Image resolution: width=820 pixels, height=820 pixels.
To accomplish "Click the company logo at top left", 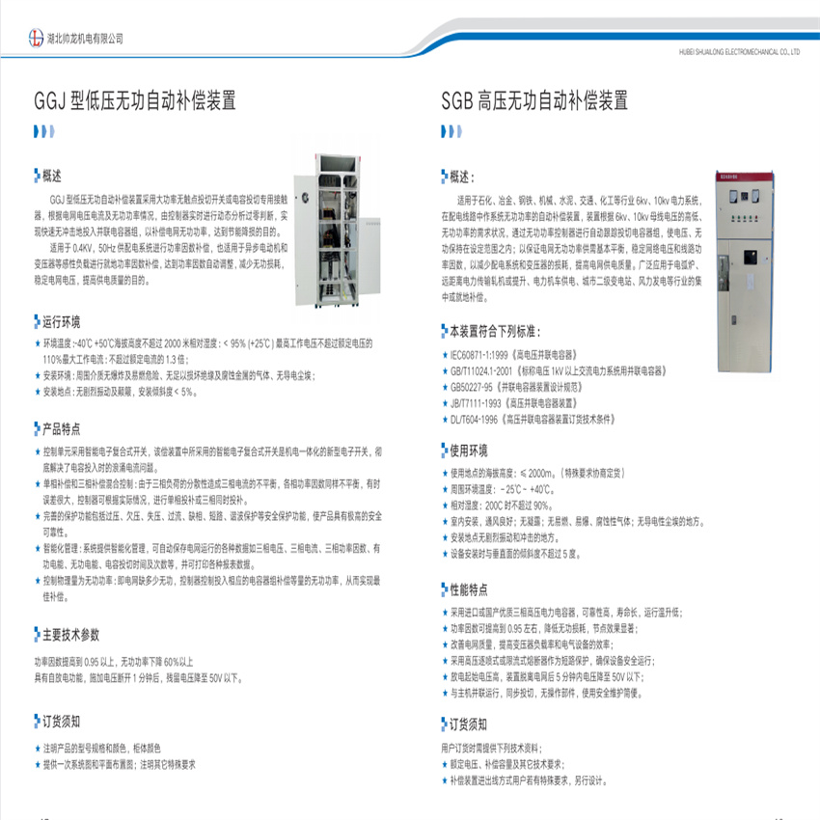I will pyautogui.click(x=38, y=38).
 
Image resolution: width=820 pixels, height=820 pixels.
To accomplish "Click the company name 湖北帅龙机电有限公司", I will pyautogui.click(x=85, y=39).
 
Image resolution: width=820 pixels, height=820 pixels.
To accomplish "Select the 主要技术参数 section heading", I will pyautogui.click(x=70, y=635).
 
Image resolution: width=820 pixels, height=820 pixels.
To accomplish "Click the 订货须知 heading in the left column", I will pyautogui.click(x=61, y=721).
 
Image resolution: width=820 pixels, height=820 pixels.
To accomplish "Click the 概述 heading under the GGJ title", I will pyautogui.click(x=52, y=177).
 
